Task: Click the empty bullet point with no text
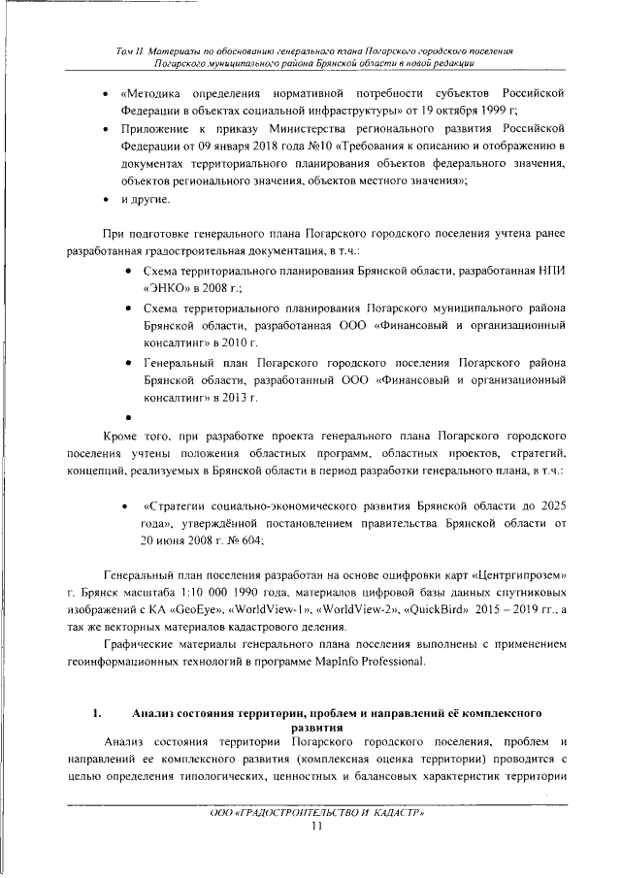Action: tap(128, 417)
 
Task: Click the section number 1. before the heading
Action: tap(98, 714)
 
